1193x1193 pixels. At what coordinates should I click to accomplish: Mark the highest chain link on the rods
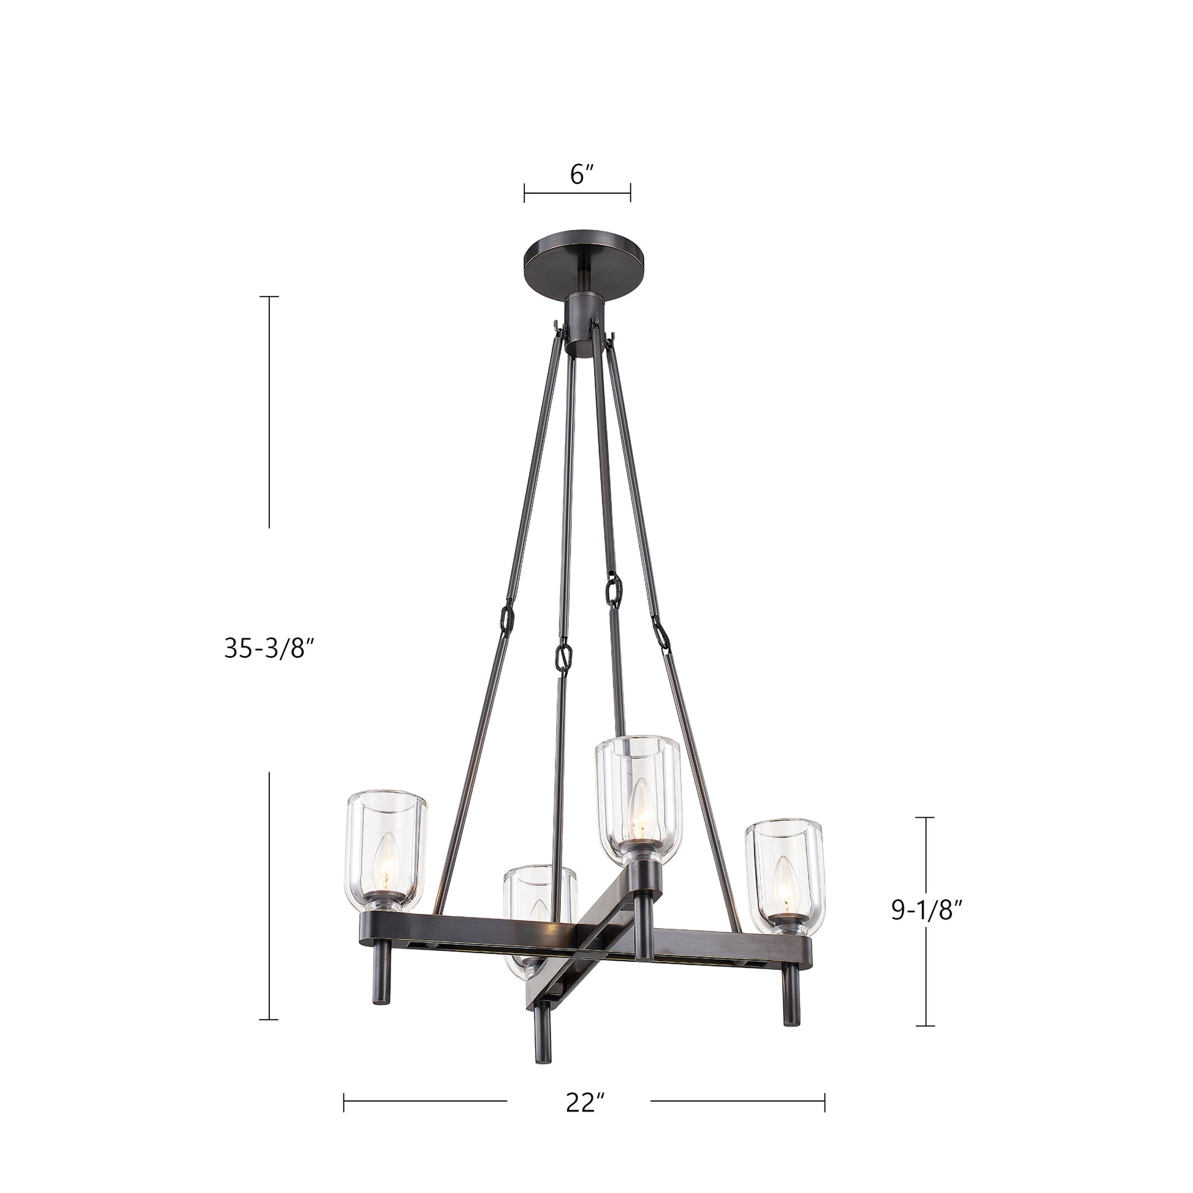click(x=614, y=589)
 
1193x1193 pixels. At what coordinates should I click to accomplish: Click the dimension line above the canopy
click(x=577, y=192)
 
